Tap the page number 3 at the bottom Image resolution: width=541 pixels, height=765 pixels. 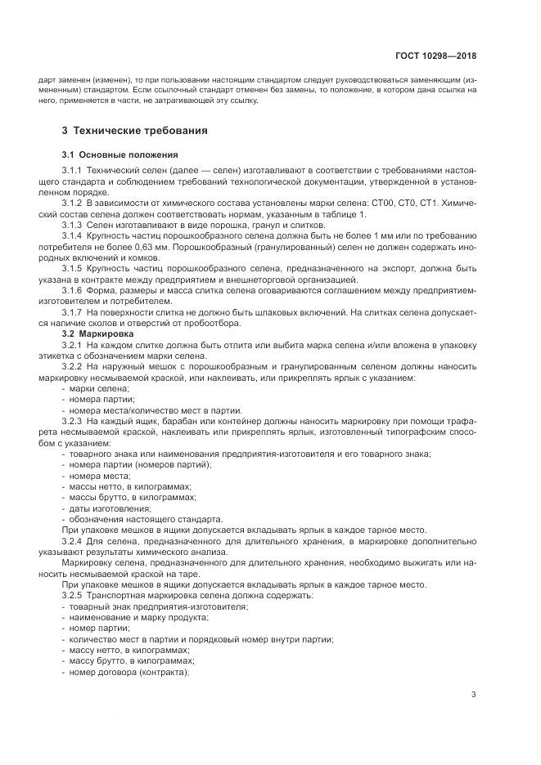click(474, 695)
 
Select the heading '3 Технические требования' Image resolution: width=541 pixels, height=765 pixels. click(135, 130)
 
